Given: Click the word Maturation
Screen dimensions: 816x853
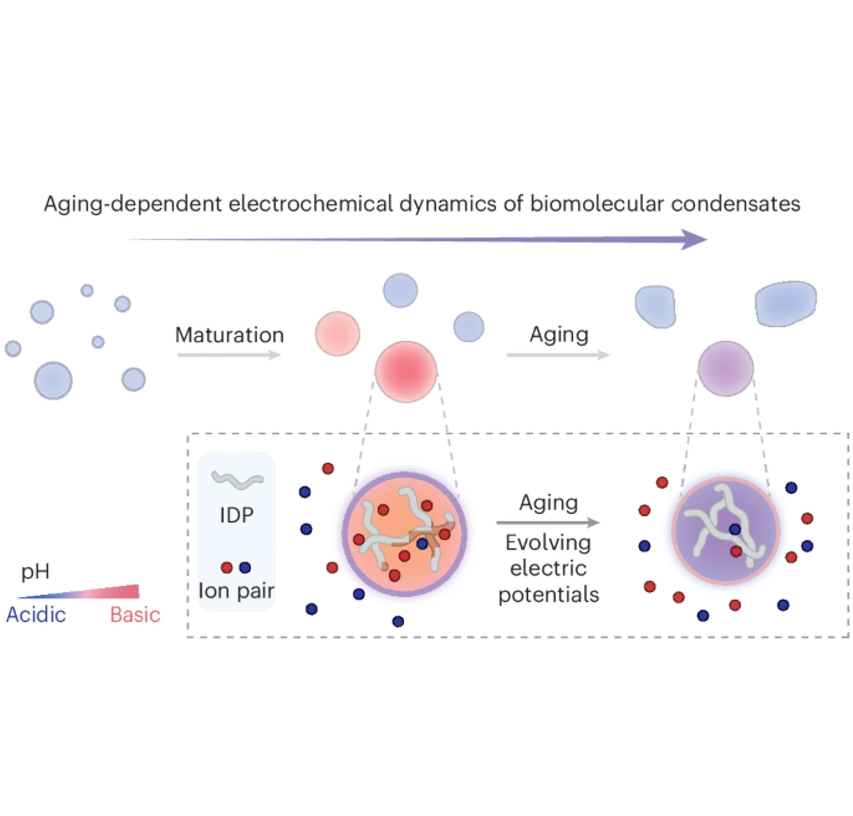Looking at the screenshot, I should [229, 335].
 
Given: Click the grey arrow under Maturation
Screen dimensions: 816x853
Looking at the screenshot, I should [229, 355].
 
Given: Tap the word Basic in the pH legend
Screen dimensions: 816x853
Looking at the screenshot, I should [135, 614].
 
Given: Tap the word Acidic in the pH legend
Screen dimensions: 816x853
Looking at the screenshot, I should [36, 614].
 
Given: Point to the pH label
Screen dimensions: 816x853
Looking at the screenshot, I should [35, 571].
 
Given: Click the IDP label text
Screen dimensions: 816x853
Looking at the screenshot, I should [237, 515].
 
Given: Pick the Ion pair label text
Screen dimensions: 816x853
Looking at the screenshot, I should [236, 591].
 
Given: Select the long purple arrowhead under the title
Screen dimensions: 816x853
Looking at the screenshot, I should [693, 239].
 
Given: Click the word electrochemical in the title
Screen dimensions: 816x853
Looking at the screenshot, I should [310, 204].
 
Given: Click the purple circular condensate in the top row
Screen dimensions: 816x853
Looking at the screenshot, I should [726, 368].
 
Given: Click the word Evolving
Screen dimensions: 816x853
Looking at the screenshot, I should [548, 542].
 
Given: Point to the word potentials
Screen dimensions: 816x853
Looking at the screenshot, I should [549, 594].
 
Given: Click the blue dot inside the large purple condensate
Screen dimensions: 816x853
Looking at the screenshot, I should [735, 529].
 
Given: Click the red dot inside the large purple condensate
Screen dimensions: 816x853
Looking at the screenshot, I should [736, 551].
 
